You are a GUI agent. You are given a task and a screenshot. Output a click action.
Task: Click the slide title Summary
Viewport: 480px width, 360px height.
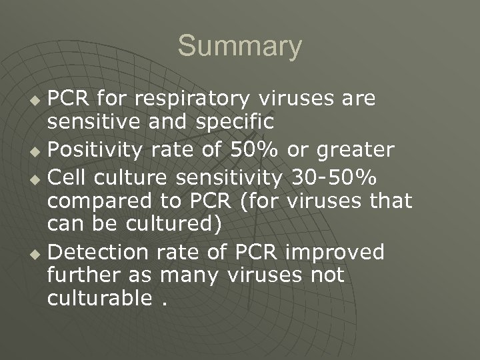click(x=239, y=47)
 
